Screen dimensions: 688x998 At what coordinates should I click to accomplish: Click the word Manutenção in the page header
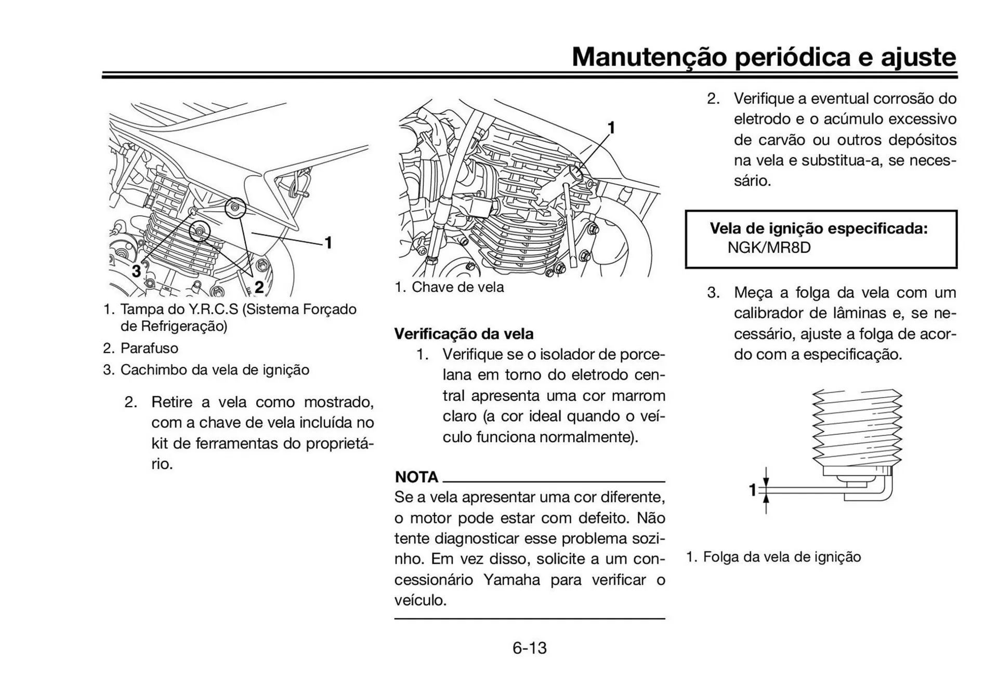tap(649, 57)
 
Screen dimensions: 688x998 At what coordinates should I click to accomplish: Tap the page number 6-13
tap(529, 648)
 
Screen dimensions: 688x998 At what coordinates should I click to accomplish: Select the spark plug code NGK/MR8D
tap(769, 248)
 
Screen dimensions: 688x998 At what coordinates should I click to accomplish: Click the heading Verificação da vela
tap(464, 334)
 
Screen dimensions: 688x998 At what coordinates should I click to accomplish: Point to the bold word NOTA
tap(416, 477)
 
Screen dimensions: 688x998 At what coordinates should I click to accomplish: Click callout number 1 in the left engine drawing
tap(329, 242)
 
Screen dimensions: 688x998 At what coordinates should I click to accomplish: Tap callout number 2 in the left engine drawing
tap(258, 287)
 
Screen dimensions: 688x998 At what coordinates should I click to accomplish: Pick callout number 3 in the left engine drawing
tap(136, 271)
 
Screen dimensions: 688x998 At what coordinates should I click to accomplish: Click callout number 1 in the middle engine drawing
tap(611, 127)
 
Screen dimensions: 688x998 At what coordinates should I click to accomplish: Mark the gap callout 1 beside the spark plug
tap(752, 490)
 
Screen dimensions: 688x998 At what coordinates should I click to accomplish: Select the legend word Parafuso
tap(149, 348)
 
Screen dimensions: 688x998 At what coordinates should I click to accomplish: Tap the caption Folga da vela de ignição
tap(781, 557)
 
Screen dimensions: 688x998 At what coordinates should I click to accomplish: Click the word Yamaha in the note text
tap(511, 579)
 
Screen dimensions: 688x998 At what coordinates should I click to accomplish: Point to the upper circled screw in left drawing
tap(235, 208)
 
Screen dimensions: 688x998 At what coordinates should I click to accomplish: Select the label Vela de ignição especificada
tap(819, 228)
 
